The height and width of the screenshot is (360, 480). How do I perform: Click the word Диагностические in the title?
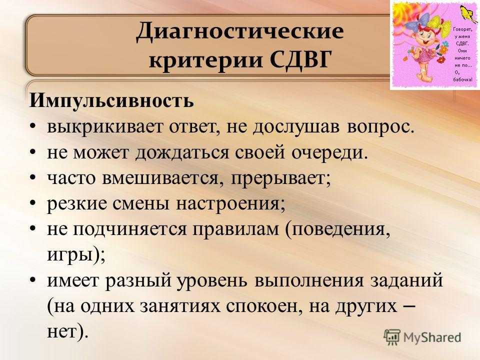coord(239,32)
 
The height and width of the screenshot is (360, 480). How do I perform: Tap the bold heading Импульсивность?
coord(111,100)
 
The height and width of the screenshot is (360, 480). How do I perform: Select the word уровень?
coord(212,281)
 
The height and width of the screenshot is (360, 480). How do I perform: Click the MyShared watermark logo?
coord(422,337)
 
